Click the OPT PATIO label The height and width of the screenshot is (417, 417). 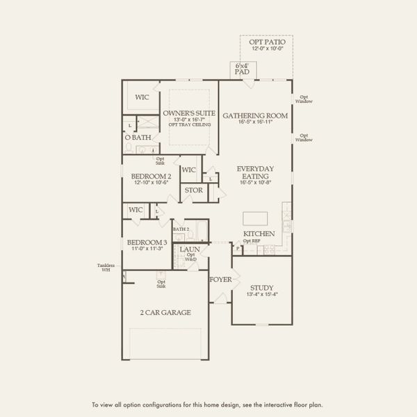[x=267, y=42]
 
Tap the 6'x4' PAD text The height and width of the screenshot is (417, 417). [x=242, y=69]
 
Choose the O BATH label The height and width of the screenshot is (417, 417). [x=138, y=138]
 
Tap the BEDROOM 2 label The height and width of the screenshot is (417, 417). [x=151, y=177]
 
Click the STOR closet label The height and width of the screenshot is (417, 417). [x=193, y=190]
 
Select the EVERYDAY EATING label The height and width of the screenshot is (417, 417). [x=255, y=173]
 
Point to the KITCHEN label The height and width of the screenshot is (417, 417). [x=259, y=234]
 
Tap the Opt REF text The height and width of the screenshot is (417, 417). [x=251, y=240]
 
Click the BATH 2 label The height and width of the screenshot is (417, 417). [x=181, y=229]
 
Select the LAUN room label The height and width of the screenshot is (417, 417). [x=190, y=249]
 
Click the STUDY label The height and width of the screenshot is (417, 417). [x=261, y=287]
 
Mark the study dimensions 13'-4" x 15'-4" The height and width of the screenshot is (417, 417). [x=261, y=295]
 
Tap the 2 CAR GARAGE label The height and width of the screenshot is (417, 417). [x=165, y=313]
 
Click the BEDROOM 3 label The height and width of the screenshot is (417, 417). [x=147, y=242]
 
